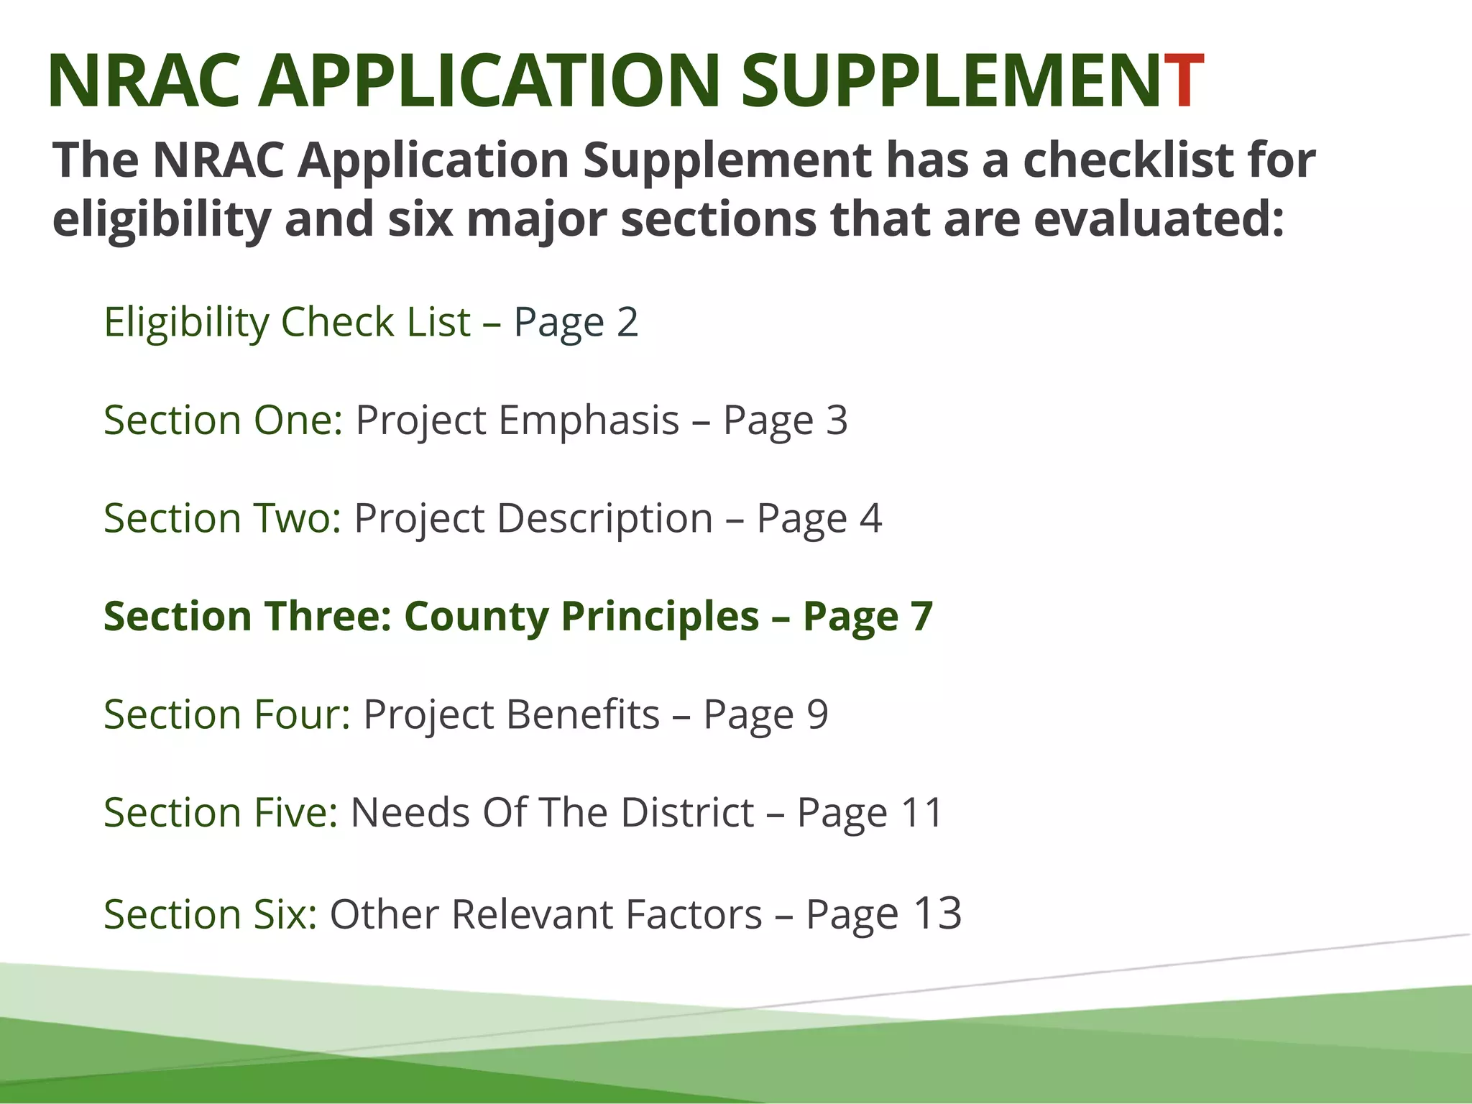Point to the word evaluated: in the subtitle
[1158, 219]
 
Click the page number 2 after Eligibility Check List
[627, 321]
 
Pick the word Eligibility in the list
[187, 321]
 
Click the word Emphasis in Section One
[589, 420]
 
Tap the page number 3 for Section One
[837, 420]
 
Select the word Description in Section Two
[605, 518]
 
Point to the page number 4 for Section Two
[870, 518]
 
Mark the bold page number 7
[921, 617]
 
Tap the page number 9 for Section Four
[817, 714]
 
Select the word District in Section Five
[687, 813]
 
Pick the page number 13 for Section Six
[937, 913]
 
